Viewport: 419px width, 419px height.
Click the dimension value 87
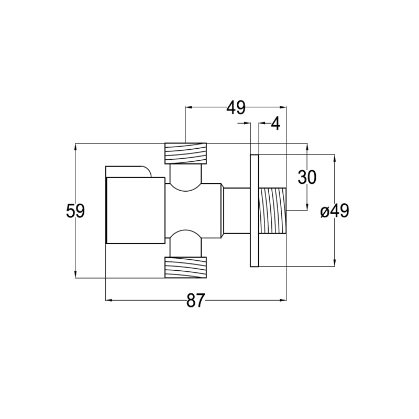195,300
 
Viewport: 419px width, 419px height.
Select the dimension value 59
75,211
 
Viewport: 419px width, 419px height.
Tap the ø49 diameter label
335,211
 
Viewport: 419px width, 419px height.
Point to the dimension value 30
307,177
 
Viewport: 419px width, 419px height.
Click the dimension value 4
275,124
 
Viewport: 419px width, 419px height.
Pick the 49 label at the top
236,108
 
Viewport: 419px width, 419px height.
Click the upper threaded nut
186,153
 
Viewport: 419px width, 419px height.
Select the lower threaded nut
186,268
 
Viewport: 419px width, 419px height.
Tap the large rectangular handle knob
136,211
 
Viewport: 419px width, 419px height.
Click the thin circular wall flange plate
255,211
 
